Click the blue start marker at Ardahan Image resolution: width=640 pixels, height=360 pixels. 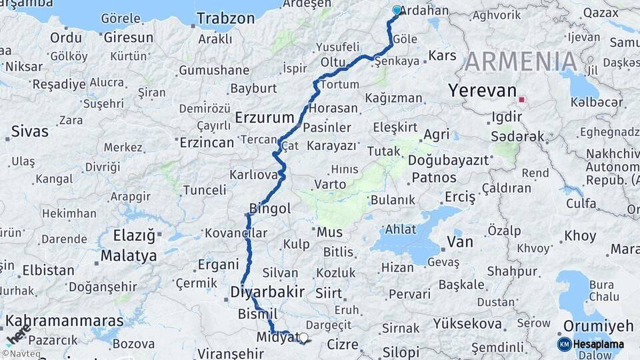pos(397,11)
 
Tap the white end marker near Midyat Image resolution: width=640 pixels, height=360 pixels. pos(304,338)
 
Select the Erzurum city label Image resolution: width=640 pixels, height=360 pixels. pos(265,118)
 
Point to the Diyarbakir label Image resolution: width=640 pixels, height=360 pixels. pos(267,292)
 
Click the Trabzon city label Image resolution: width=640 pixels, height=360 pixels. pos(226,18)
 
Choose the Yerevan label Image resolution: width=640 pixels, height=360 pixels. pos(483,91)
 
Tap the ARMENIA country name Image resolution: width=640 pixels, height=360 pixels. pos(521,62)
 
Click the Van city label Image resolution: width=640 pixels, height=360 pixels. pos(460,241)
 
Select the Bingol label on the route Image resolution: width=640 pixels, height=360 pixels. pos(269,209)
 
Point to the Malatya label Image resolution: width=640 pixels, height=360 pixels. pos(129,255)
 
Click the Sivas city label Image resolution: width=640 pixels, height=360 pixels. pos(30,131)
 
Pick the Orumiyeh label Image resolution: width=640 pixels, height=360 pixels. pos(598,326)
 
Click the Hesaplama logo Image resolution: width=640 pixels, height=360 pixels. pos(591,344)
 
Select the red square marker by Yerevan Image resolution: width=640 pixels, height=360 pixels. pos(522,101)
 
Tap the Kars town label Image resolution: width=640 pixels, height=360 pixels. pos(442,55)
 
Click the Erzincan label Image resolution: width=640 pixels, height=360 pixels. pos(207,142)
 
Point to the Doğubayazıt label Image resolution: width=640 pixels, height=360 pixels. pos(449,160)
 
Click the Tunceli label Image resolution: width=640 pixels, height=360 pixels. pos(204,190)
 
